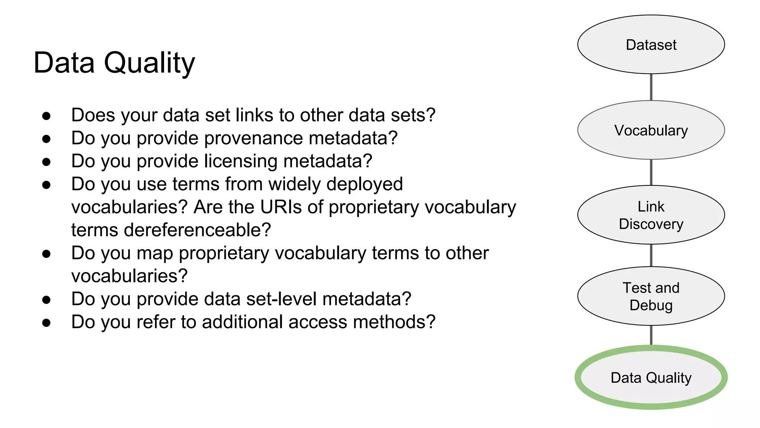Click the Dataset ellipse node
point(651,45)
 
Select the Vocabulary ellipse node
point(651,130)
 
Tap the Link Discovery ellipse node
point(651,215)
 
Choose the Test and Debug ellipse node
point(651,296)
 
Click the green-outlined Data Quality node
point(651,377)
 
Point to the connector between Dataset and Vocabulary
point(651,87)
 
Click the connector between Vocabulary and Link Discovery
point(651,172)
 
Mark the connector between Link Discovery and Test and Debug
point(651,255)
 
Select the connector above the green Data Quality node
point(651,335)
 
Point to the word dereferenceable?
point(197,230)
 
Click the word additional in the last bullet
point(242,322)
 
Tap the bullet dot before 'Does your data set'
point(46,116)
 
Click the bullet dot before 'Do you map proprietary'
point(46,254)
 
